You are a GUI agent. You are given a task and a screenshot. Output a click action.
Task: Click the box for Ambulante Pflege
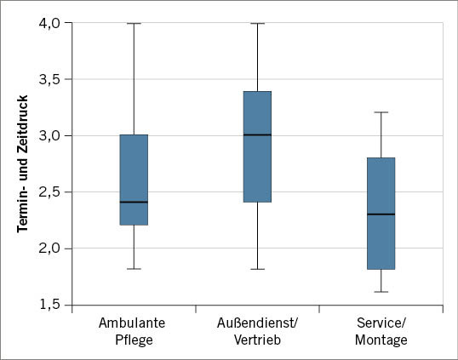pos(134,180)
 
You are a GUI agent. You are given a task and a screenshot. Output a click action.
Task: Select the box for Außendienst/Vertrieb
pos(257,146)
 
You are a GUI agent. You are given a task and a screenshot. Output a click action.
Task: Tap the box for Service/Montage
pos(381,213)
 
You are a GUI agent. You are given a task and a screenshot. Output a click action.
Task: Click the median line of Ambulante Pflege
pos(134,203)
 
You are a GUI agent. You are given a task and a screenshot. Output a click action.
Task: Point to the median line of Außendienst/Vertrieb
pos(257,135)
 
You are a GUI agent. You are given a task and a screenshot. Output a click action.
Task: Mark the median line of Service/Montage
pos(381,214)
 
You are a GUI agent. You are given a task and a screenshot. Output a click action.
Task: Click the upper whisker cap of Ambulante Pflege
pos(134,24)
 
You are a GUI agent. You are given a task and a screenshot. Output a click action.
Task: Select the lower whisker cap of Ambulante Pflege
pos(134,269)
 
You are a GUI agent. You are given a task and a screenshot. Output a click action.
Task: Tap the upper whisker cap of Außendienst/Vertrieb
pos(257,24)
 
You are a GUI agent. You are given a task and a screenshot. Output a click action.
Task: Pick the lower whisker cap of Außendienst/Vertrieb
pos(257,269)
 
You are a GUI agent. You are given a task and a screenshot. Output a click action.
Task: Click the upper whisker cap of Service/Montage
pos(381,112)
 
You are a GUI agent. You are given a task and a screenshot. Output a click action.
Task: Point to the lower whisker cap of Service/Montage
pos(381,292)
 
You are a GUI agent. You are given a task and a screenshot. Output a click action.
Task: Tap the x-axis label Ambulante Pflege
pos(134,331)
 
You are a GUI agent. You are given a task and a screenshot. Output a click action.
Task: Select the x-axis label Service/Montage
pos(381,331)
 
